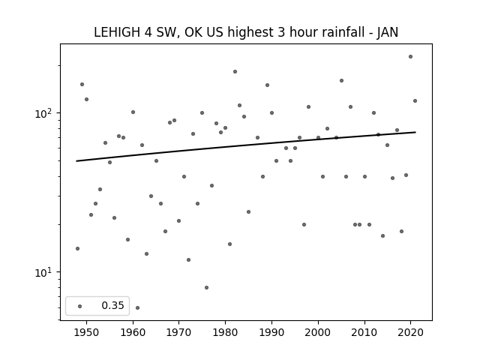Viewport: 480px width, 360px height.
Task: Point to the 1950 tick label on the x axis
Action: click(87, 333)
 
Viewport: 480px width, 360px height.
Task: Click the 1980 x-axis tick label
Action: click(225, 333)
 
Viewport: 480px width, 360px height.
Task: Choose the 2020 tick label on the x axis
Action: click(410, 333)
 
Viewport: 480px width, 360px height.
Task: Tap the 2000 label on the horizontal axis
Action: click(318, 333)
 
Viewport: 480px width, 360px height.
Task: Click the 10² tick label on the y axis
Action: click(46, 113)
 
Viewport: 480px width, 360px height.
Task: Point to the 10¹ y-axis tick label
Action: click(46, 272)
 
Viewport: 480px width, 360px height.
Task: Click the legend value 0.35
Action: click(112, 305)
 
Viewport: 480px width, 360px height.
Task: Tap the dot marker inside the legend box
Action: click(80, 306)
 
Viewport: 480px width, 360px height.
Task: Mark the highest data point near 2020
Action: click(410, 57)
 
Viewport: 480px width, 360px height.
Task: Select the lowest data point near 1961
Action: click(137, 307)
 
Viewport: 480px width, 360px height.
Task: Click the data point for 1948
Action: click(77, 248)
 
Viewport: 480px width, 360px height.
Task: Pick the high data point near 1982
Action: click(235, 72)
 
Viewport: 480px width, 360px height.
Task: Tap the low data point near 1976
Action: click(207, 287)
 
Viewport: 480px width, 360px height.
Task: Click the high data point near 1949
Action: click(82, 85)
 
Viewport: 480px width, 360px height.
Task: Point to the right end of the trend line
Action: click(415, 132)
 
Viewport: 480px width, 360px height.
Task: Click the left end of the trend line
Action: click(76, 161)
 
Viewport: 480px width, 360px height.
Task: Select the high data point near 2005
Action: click(341, 80)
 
